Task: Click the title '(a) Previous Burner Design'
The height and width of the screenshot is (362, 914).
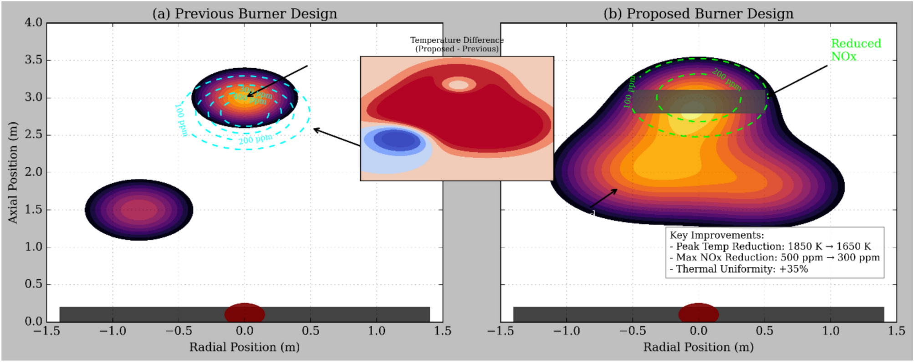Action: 245,14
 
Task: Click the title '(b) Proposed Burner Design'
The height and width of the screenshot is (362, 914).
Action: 698,14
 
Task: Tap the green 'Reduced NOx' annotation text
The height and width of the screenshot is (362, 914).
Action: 855,50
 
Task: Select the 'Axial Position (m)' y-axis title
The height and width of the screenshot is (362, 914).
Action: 13,172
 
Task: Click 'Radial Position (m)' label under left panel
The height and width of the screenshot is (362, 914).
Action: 245,347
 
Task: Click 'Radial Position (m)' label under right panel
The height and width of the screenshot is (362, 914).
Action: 698,347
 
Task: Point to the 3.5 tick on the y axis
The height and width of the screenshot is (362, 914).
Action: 33,60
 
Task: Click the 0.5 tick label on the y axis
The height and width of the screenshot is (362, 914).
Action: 33,284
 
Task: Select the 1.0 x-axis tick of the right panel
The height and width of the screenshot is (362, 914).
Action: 830,331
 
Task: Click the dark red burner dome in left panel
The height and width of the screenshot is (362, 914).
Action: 245,313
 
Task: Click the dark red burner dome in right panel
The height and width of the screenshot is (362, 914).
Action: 698,313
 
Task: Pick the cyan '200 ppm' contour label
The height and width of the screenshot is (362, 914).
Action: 255,139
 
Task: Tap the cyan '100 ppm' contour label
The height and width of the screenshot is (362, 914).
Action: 181,120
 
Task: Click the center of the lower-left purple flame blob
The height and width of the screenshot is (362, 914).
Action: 139,210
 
